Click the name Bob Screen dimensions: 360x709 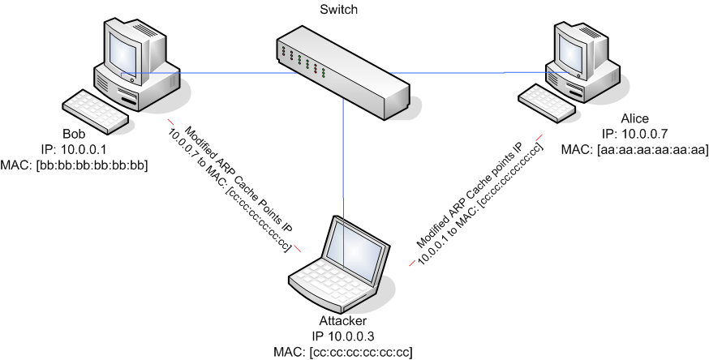click(x=74, y=133)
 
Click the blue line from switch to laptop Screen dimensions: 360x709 click(x=344, y=162)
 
